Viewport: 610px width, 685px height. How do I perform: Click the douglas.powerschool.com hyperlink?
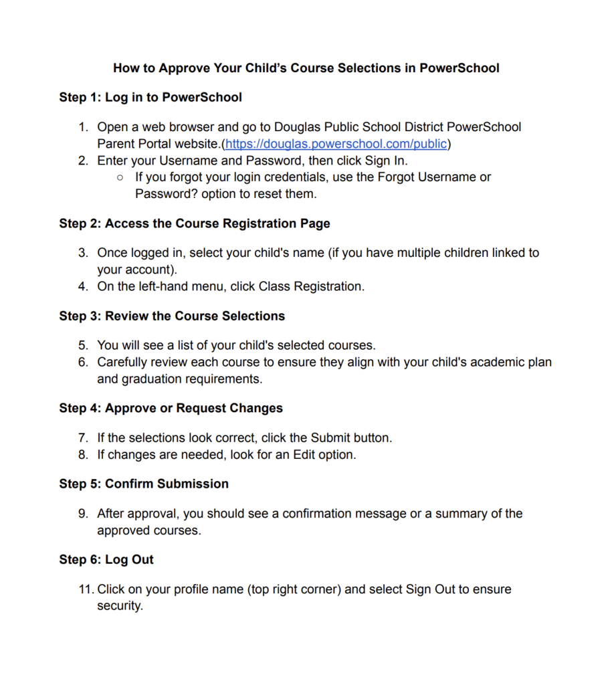coord(336,144)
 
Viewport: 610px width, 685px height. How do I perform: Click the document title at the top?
coord(306,68)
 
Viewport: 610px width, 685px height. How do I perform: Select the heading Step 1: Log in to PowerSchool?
coord(150,97)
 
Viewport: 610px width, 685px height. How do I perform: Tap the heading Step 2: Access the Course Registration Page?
coord(195,223)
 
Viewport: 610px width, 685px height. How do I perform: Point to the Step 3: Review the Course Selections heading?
coord(172,316)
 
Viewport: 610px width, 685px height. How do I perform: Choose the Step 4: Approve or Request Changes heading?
coord(171,408)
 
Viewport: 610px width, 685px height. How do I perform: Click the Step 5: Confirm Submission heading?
coord(144,484)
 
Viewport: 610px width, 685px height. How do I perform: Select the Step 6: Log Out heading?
coord(106,559)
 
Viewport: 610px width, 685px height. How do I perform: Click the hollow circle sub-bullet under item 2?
coord(120,178)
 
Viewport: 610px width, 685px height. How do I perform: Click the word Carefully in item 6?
coord(125,363)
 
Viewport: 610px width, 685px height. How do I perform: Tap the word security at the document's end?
coord(120,606)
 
